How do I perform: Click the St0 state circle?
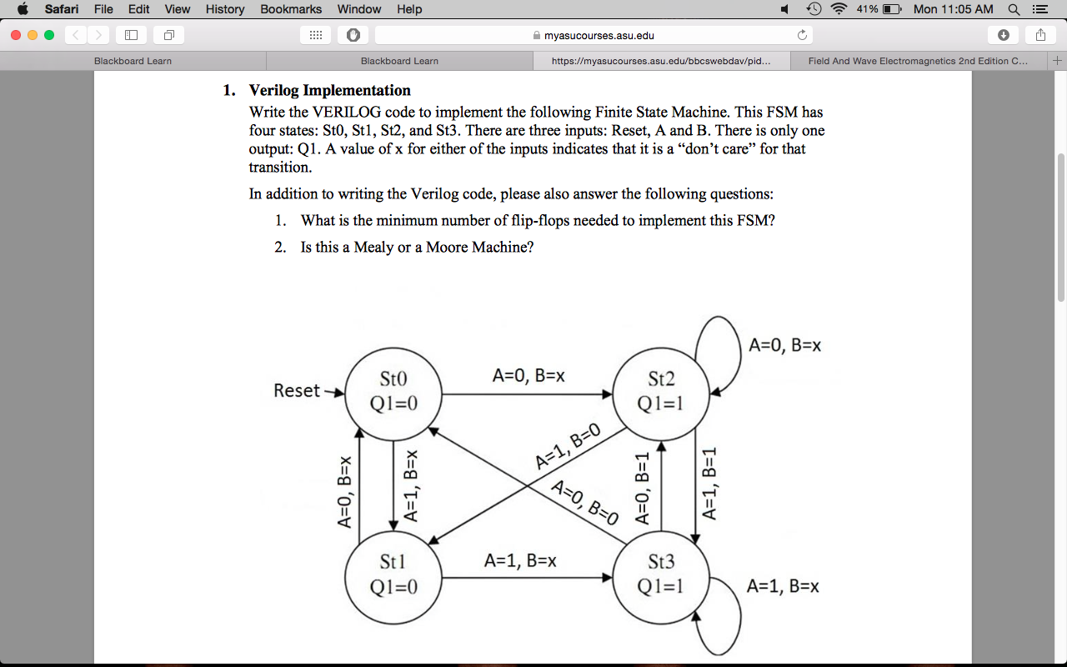[393, 393]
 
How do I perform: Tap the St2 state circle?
[660, 393]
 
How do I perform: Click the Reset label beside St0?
[297, 390]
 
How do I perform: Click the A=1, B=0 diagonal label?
[568, 447]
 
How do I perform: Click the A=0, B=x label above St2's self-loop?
[784, 345]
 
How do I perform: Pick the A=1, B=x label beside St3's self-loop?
[783, 586]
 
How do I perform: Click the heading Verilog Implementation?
[329, 90]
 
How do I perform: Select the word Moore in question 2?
[447, 247]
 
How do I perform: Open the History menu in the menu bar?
[225, 9]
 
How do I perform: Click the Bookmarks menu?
[291, 9]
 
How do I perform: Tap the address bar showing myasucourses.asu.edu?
[593, 35]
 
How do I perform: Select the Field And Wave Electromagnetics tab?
[917, 61]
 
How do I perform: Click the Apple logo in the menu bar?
[23, 9]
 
